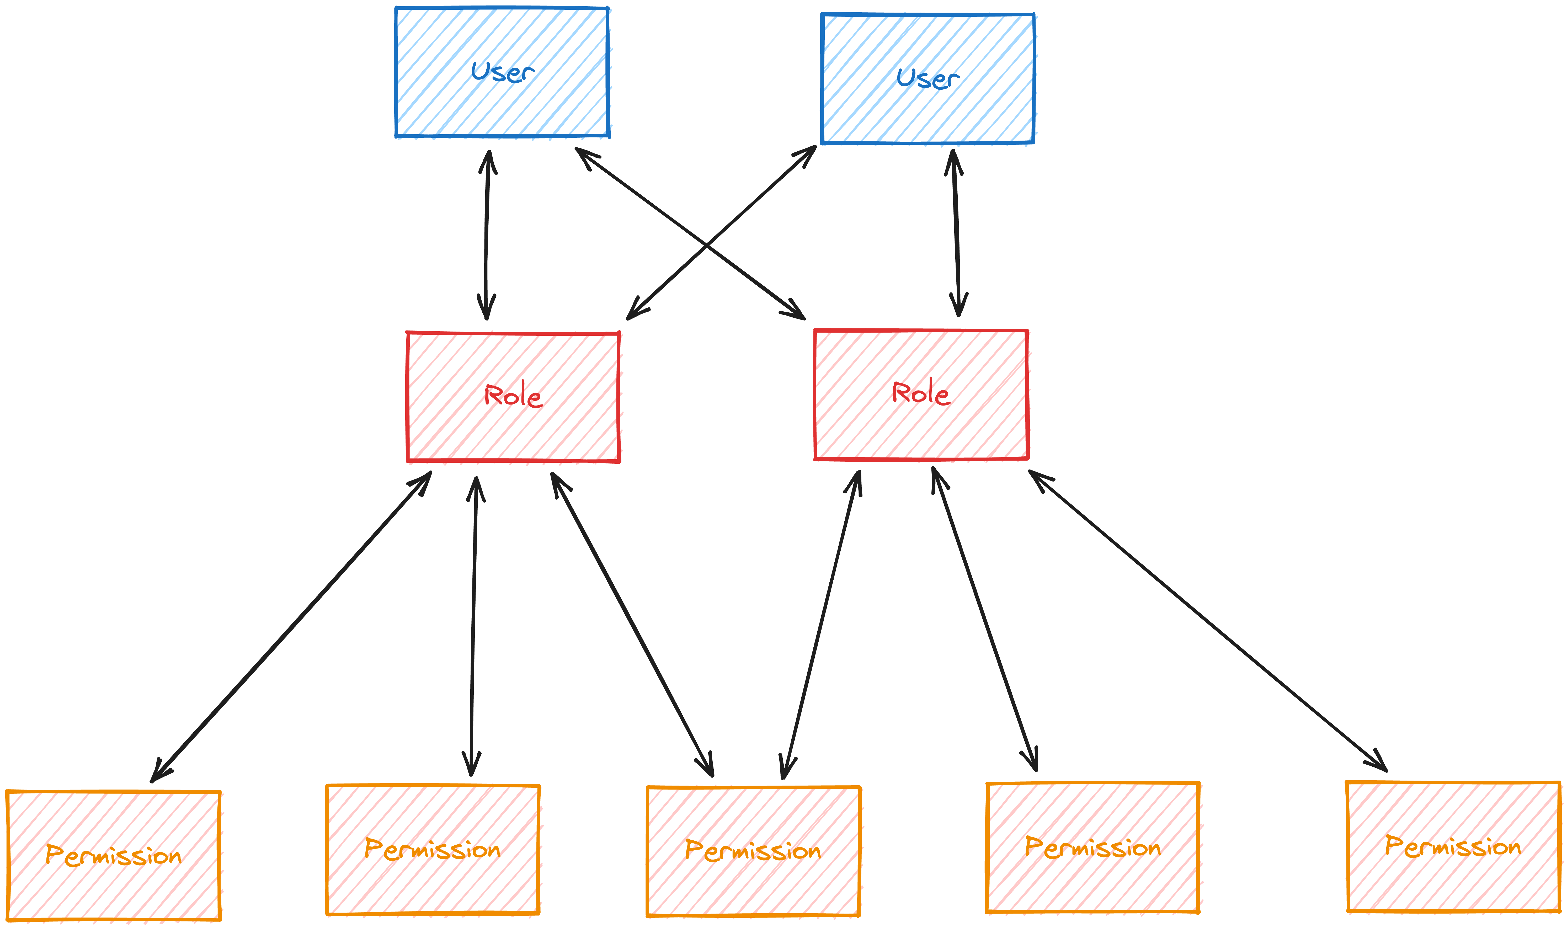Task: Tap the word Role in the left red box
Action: pos(513,395)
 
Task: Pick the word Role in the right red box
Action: pos(920,393)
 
